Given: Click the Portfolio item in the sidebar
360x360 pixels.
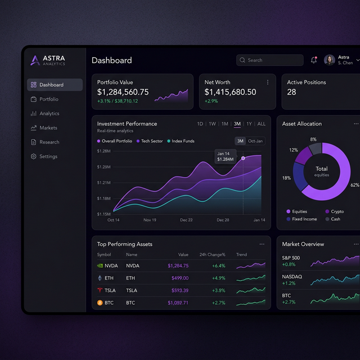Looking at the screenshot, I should click(48, 99).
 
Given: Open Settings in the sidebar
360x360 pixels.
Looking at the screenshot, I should click(48, 156).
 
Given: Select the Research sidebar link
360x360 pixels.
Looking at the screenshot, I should click(49, 142).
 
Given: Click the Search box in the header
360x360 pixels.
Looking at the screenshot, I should click(269, 60).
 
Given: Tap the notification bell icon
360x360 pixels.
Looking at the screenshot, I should click(314, 60).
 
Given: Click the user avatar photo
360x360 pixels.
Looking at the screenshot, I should click(330, 60).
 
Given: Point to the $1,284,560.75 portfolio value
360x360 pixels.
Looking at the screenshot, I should click(123, 92).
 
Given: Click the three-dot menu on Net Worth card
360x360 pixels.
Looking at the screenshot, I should click(268, 82).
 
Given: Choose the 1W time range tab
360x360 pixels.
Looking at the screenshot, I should click(212, 124).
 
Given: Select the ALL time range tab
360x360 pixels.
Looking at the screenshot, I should click(261, 124).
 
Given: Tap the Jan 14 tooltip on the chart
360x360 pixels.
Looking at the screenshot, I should click(225, 156).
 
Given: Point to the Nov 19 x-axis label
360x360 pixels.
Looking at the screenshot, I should click(150, 220).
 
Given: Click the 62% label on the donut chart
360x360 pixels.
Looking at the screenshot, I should click(354, 185).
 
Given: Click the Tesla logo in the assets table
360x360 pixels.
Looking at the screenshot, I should click(100, 290).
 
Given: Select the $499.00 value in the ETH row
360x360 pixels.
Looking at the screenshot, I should click(179, 278).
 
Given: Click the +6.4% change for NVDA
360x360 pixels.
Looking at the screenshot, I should click(219, 265).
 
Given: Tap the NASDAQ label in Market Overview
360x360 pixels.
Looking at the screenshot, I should click(292, 277).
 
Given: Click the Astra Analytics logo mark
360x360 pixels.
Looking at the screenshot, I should click(35, 60).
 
